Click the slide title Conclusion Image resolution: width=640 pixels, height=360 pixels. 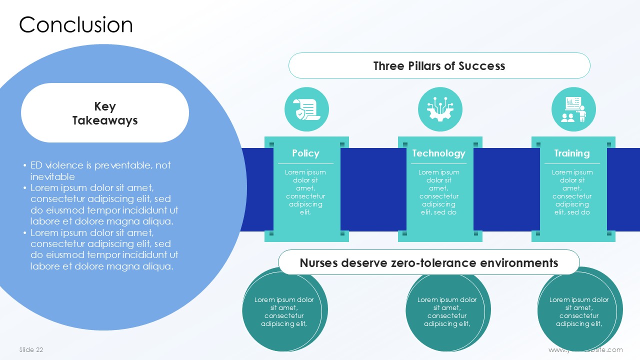pos(76,25)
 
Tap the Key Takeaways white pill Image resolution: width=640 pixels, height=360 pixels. pos(105,113)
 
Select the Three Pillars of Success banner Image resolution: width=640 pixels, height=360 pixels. pos(439,66)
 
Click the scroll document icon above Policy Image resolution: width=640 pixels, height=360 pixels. pos(306,109)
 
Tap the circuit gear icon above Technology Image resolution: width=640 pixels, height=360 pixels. pos(440,109)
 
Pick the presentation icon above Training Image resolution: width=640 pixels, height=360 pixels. pos(573,109)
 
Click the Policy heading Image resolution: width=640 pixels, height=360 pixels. pos(305,153)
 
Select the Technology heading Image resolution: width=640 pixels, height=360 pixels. pos(438,153)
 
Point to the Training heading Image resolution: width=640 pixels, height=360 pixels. pos(572,153)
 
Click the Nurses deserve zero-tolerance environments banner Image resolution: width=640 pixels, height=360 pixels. pos(428,263)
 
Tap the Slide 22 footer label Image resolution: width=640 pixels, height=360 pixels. pos(31,350)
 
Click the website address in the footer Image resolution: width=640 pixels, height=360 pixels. pos(585,350)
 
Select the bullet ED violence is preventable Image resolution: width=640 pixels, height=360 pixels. pos(100,170)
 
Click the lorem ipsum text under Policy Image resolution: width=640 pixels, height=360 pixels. pos(305,192)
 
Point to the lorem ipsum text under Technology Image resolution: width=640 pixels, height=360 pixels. pos(438,192)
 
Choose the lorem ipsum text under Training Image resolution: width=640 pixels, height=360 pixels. pos(572,192)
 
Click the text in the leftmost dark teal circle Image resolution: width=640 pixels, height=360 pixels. pos(284,311)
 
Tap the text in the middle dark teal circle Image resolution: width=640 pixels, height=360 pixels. pos(447,311)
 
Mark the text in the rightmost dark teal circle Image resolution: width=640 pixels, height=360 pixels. pos(579,311)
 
